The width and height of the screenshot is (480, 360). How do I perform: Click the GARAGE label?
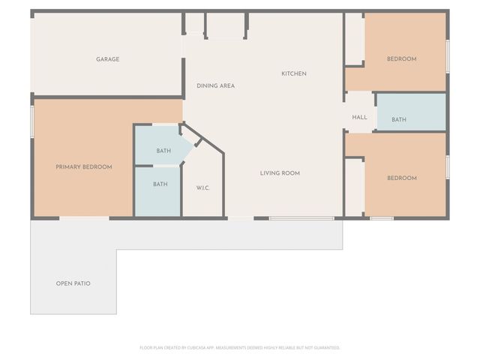107,59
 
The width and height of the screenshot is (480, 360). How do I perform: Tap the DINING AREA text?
216,85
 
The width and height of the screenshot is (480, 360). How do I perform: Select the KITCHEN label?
294,73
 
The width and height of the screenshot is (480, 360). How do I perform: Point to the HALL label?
359,117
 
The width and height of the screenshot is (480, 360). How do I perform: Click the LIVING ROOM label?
280,173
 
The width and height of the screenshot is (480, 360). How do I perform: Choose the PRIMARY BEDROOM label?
84,167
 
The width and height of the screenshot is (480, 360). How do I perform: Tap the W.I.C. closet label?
202,187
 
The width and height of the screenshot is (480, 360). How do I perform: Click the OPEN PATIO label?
73,283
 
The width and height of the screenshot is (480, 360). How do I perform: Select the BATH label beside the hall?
398,120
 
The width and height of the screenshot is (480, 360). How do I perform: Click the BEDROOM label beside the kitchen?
401,59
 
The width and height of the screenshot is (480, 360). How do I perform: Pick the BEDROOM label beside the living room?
401,178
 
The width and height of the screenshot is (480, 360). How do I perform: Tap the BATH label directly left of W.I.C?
160,184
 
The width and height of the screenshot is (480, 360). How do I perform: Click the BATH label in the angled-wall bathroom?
163,151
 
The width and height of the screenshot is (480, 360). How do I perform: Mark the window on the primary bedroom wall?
32,121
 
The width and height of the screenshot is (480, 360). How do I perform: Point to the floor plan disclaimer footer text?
240,347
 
